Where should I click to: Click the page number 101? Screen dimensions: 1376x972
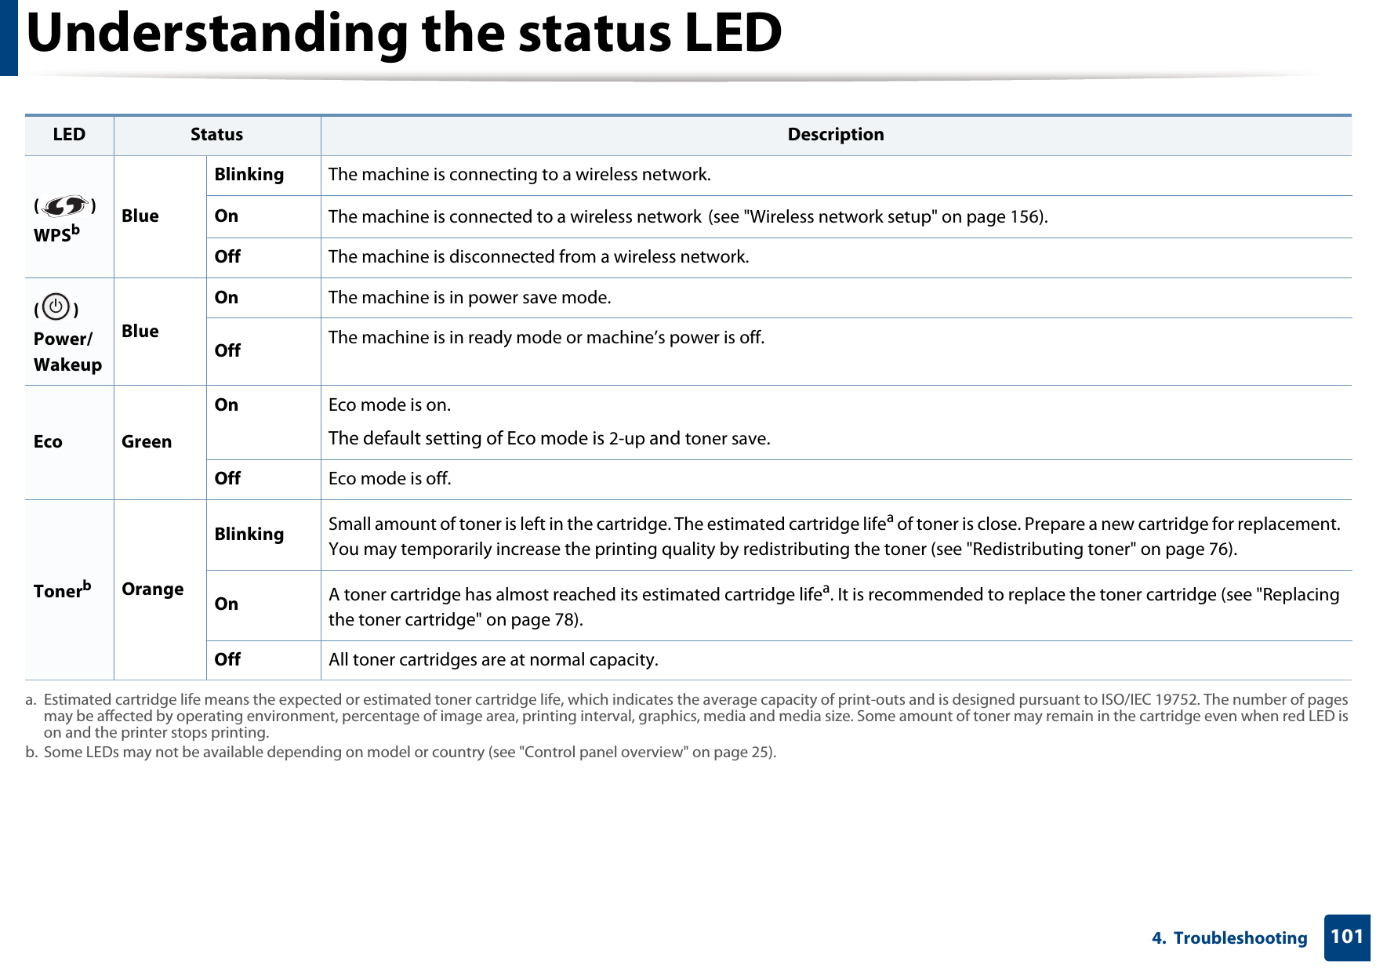[x=1346, y=937]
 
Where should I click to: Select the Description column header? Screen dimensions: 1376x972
[x=835, y=135]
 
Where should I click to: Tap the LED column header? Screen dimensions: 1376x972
[x=69, y=135]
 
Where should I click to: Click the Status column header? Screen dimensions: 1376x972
[x=216, y=135]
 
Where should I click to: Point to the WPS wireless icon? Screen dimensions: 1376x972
[x=64, y=207]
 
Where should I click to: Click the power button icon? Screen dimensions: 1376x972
[x=56, y=307]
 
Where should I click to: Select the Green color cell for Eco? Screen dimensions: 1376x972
[x=147, y=442]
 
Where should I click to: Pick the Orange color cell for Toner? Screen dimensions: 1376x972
[x=152, y=589]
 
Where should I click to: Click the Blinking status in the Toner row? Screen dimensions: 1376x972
[x=249, y=535]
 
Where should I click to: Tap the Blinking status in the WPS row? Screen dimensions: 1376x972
[x=249, y=175]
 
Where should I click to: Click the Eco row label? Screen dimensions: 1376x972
[x=48, y=442]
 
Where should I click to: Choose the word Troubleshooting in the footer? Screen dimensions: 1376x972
[x=1240, y=938]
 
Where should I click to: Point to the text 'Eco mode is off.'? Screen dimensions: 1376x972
[x=390, y=479]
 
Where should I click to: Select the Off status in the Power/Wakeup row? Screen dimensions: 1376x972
[x=227, y=351]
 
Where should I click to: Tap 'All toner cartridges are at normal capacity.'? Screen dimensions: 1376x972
[x=493, y=660]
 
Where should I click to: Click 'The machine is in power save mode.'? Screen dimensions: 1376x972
[x=470, y=298]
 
